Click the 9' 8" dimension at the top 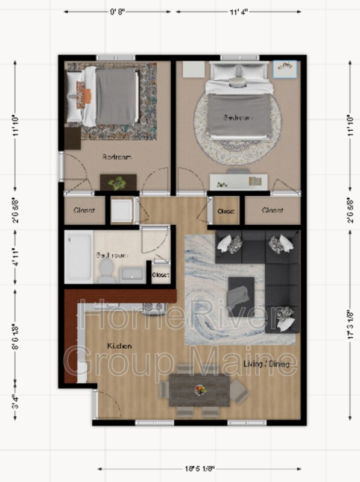(x=119, y=11)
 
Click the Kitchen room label (x=119, y=346)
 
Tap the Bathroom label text (x=112, y=255)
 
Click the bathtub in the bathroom (x=79, y=256)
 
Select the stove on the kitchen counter (x=153, y=309)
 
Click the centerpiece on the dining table (x=199, y=390)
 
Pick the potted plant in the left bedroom (x=119, y=181)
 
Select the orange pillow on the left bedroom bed (x=86, y=95)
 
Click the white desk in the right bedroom (x=239, y=180)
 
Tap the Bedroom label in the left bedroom (x=116, y=157)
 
